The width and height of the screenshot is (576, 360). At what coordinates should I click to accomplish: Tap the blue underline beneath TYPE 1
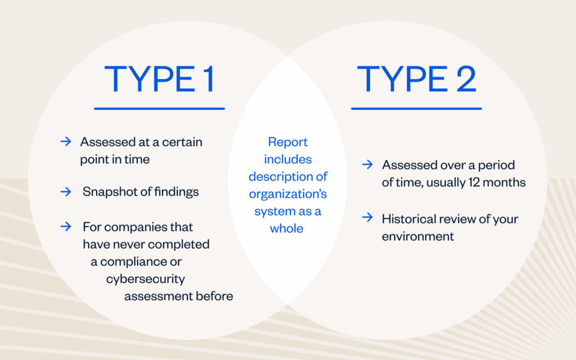(x=159, y=109)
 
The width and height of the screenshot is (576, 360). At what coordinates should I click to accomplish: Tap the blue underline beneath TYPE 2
(x=416, y=109)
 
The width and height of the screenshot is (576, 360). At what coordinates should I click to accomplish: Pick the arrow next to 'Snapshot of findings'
(x=65, y=192)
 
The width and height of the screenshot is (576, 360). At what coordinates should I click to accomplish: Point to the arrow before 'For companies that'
(x=65, y=227)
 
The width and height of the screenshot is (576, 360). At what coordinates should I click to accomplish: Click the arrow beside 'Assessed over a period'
(x=367, y=165)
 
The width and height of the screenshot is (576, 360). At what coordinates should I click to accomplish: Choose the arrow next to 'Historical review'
(x=367, y=218)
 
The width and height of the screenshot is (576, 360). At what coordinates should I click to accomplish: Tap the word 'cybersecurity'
(x=146, y=279)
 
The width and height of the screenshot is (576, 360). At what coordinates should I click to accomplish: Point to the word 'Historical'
(x=409, y=218)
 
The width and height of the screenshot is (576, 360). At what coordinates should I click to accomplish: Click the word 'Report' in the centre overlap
(x=287, y=142)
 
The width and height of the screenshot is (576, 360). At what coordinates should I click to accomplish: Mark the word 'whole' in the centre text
(x=287, y=229)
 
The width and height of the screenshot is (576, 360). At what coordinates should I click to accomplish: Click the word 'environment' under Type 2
(x=418, y=236)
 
